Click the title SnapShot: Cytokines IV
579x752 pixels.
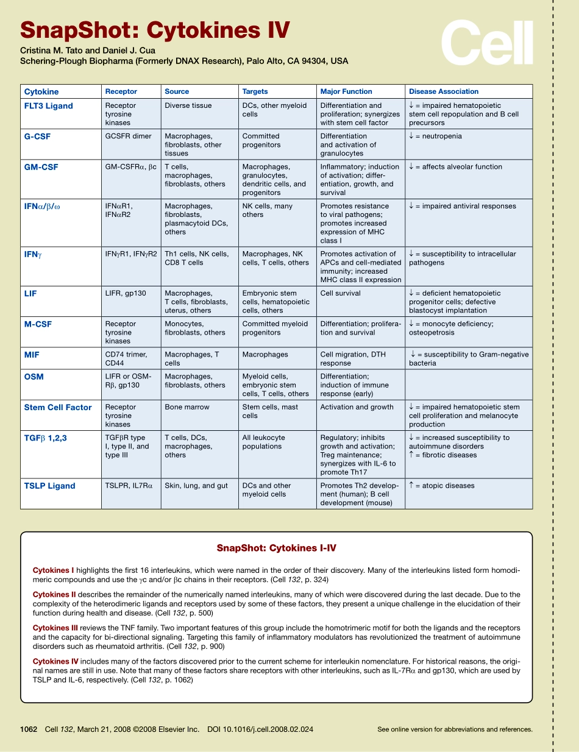pos(155,30)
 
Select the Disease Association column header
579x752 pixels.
pos(443,91)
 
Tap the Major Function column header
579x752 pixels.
pos(346,91)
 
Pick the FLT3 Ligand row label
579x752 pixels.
pos(48,106)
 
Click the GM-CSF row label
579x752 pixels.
pos(41,167)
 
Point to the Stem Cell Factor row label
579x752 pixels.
pos(58,408)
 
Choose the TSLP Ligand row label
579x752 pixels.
pos(49,486)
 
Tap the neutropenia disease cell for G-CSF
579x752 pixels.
pos(435,137)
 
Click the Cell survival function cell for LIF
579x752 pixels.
pos(340,293)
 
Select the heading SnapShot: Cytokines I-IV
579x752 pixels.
pos(276,548)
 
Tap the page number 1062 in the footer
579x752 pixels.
pos(29,729)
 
